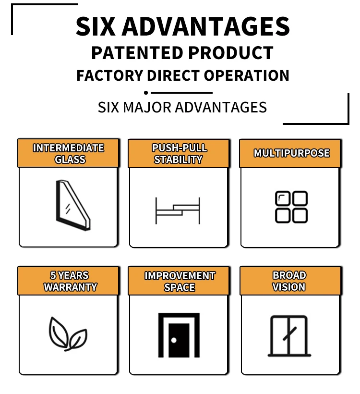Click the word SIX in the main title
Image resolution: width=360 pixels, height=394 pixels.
pos(96,26)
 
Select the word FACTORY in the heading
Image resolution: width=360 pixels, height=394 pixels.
pos(109,76)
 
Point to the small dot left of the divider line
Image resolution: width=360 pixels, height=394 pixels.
pos(145,92)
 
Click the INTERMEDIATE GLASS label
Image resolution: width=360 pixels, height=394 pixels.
pos(68,154)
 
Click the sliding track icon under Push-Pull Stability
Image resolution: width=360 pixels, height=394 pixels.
pos(177,210)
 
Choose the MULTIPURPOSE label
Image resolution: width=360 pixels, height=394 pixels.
pos(291,153)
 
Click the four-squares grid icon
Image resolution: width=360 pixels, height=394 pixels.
pos(291,207)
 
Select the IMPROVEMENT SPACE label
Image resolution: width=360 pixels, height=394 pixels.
pos(180,282)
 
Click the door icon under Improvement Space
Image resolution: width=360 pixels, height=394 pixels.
pos(179,335)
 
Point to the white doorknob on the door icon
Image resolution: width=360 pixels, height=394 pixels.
pos(174,340)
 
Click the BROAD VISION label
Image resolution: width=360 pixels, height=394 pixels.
pos(289,282)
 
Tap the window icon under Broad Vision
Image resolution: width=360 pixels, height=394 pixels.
pos(288,335)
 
